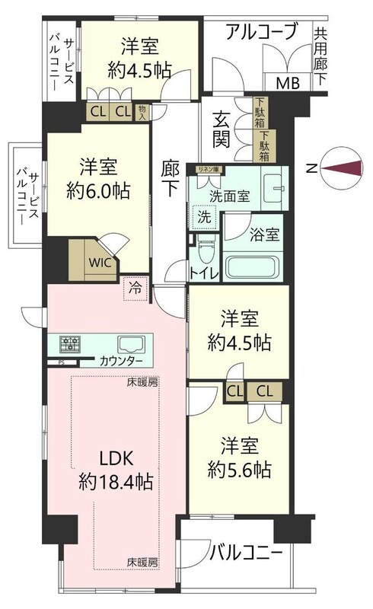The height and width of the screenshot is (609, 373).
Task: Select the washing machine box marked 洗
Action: click(x=203, y=215)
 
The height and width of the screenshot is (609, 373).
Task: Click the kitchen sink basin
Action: click(x=127, y=343)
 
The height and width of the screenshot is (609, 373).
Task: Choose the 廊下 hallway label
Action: click(x=171, y=178)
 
